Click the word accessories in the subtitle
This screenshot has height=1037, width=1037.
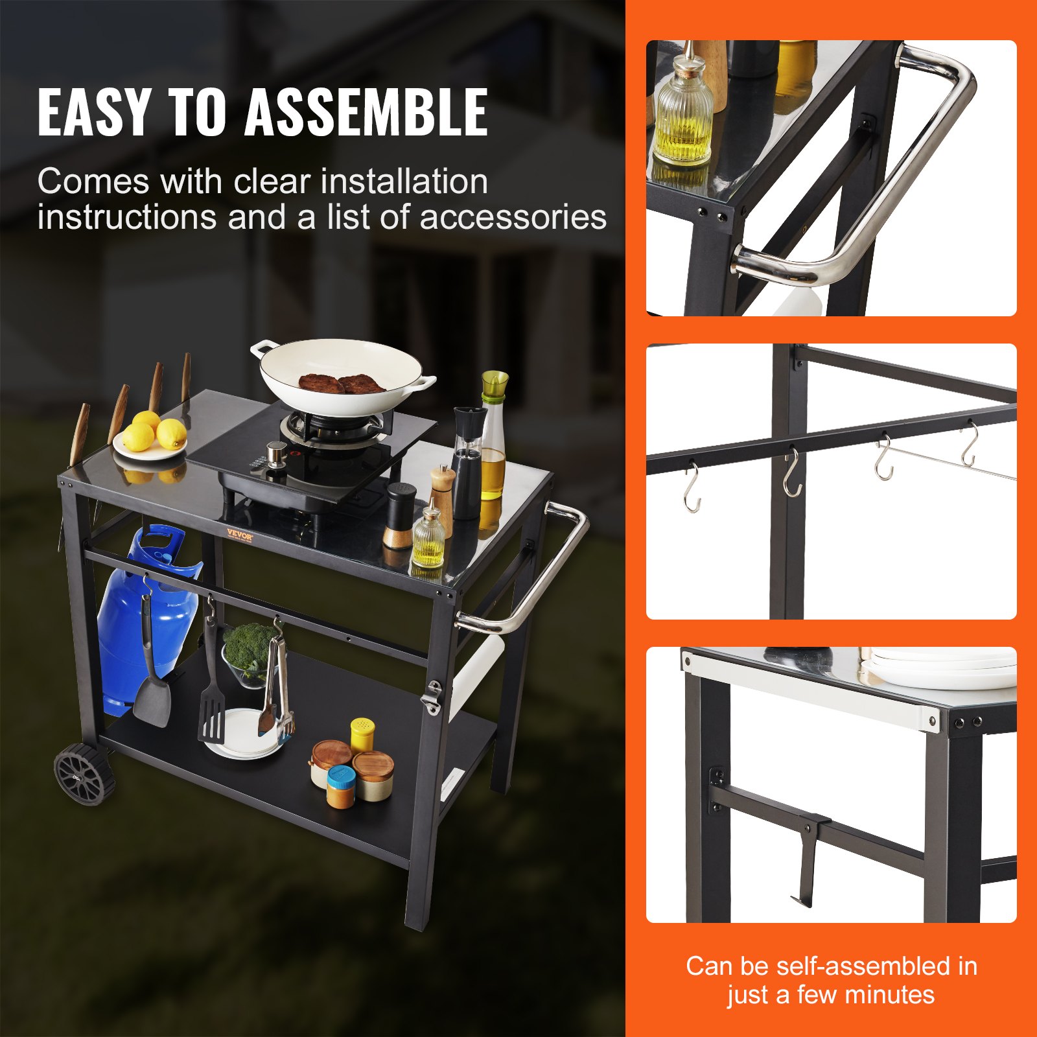[x=513, y=217]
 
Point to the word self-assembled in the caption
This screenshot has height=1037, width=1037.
[x=863, y=966]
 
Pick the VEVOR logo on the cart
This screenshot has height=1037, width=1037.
[x=239, y=535]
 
